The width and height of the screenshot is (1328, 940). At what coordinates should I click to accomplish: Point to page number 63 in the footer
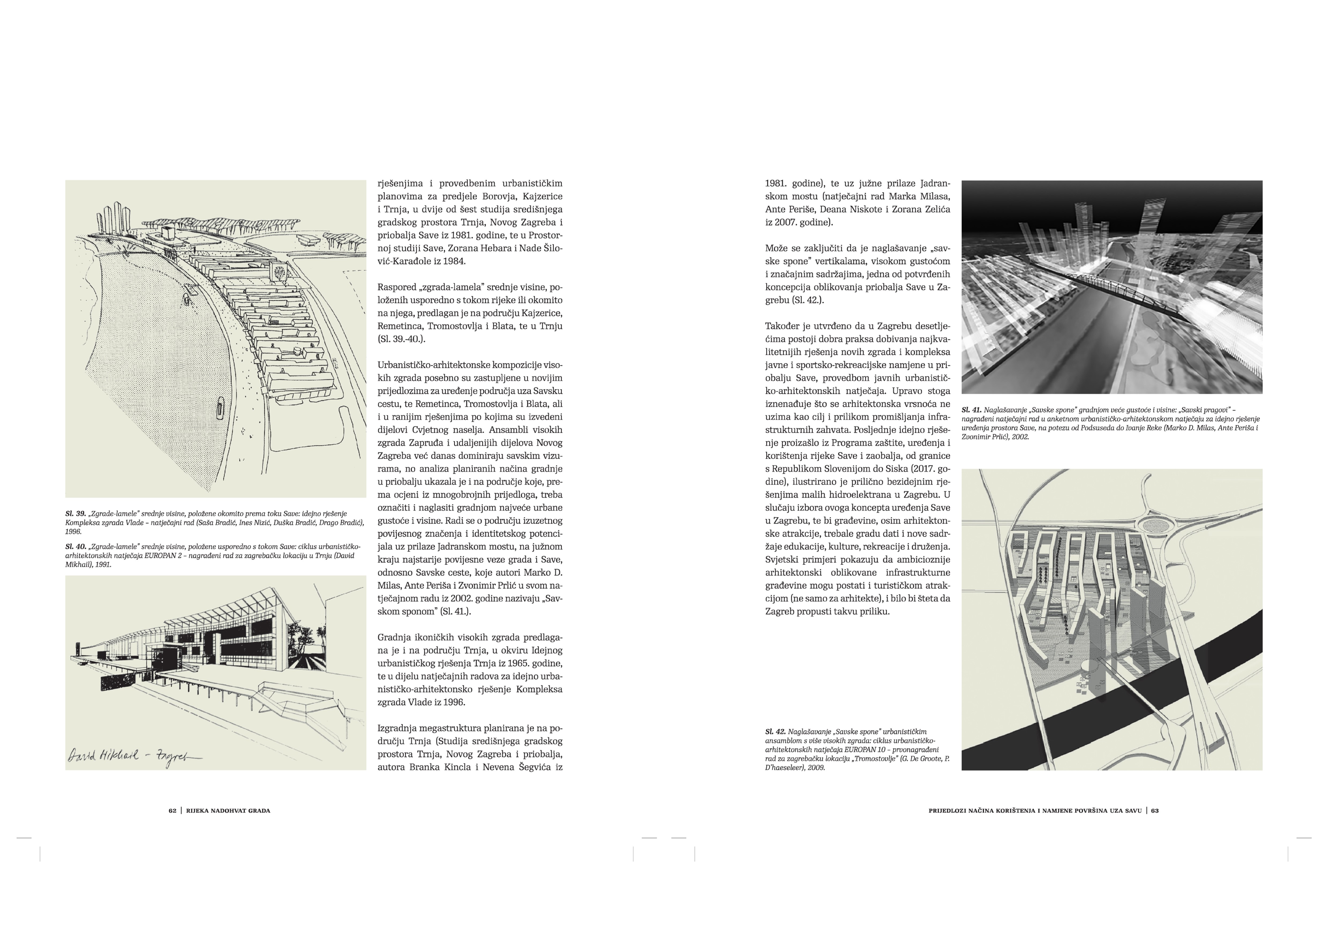tap(1155, 810)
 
